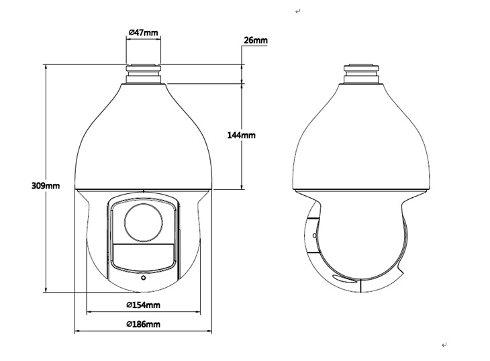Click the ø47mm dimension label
[x=144, y=32]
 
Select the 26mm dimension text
[x=256, y=40]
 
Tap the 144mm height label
[x=241, y=136]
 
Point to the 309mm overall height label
[x=46, y=186]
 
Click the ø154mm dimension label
[x=144, y=305]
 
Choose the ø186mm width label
[x=144, y=324]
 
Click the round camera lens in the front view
[x=144, y=223]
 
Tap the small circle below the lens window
[x=144, y=278]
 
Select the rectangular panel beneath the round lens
[x=144, y=254]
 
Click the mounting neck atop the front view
[x=143, y=74]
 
